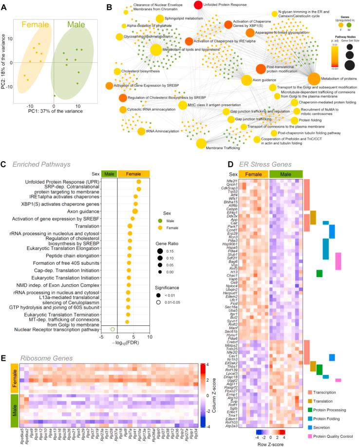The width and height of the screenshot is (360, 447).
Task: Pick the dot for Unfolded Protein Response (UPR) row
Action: (139, 182)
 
